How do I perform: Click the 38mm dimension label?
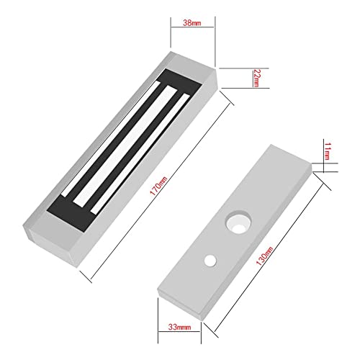click(193, 24)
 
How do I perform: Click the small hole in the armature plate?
click(210, 256)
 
